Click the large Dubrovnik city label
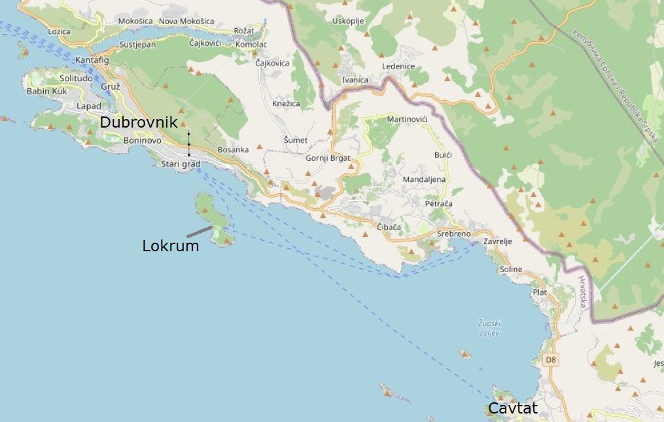(138, 122)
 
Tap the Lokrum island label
(170, 246)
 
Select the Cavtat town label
(513, 408)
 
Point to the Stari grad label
(181, 164)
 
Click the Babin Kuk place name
(46, 91)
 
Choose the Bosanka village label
(233, 149)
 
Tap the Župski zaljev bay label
(489, 328)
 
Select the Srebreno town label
(453, 234)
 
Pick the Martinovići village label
(407, 119)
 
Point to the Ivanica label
(355, 80)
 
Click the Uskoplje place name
(347, 21)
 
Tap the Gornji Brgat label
(328, 158)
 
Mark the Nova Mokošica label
(186, 21)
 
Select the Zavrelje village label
(497, 241)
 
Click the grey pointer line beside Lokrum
(199, 232)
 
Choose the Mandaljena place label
(424, 179)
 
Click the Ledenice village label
(398, 66)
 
